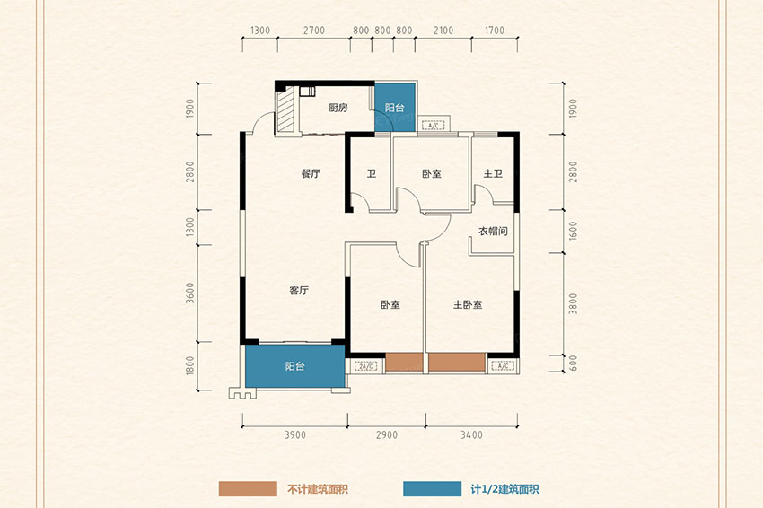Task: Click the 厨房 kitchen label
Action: pos(338,109)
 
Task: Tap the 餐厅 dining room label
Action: pos(311,174)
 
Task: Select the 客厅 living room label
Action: pos(299,291)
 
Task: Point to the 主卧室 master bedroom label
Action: pos(467,305)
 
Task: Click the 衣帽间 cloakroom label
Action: pos(493,231)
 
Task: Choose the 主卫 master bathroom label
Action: pos(493,174)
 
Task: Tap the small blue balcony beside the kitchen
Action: pos(395,108)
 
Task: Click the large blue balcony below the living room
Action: pos(294,366)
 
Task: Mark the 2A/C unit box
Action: pos(364,366)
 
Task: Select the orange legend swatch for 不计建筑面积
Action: pos(248,489)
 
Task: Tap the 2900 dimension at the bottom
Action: pos(388,435)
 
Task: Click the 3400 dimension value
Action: pos(471,435)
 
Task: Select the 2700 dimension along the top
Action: pos(313,31)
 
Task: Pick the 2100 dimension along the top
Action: pos(443,31)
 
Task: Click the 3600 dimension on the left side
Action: pos(190,293)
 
